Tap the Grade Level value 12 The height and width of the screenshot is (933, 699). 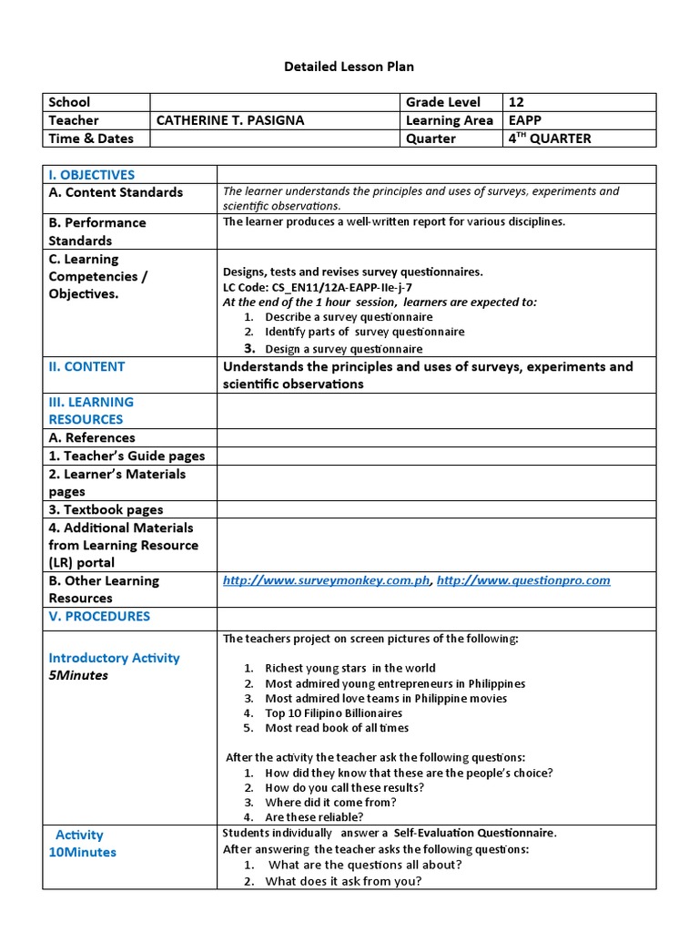click(x=516, y=102)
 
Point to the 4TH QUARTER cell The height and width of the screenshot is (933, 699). click(x=549, y=138)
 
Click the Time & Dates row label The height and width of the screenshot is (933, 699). click(x=91, y=138)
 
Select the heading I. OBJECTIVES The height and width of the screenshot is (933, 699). click(x=91, y=175)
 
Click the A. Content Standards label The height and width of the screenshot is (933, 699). click(x=116, y=192)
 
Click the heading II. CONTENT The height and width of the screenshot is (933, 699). click(x=86, y=366)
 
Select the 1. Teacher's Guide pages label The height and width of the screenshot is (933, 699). click(x=127, y=456)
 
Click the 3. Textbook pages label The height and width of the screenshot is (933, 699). click(x=106, y=509)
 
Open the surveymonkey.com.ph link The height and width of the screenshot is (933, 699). click(x=326, y=580)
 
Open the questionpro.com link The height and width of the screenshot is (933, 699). click(x=523, y=580)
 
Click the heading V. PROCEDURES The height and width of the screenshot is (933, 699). click(x=99, y=616)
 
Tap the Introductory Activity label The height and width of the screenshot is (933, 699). click(x=114, y=658)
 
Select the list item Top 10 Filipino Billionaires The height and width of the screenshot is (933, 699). click(x=333, y=713)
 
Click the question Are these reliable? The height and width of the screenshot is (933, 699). click(x=313, y=817)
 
